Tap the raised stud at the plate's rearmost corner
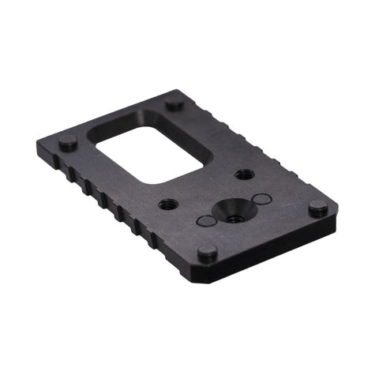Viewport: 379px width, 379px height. pyautogui.click(x=174, y=103)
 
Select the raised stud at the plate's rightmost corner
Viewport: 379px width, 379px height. pyautogui.click(x=317, y=208)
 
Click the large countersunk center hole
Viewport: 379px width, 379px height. pyautogui.click(x=234, y=210)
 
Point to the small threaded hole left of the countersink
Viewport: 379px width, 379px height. pyautogui.click(x=168, y=205)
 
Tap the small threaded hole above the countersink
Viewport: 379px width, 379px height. pyautogui.click(x=245, y=174)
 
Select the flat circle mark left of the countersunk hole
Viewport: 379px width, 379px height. pyautogui.click(x=205, y=222)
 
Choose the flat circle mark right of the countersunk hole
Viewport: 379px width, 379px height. pyautogui.click(x=263, y=199)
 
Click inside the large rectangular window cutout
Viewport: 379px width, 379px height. pyautogui.click(x=158, y=154)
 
